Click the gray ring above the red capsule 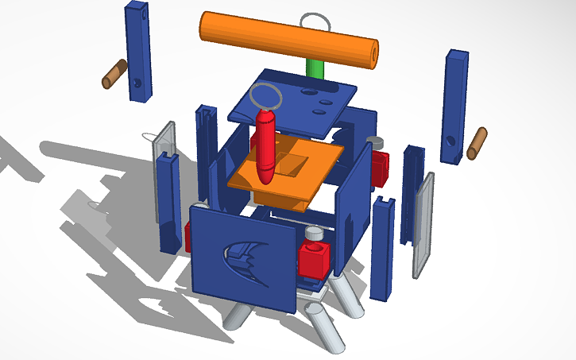coord(266,97)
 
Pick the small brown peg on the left coord(114,74)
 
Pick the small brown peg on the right coord(477,142)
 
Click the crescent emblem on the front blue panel coord(245,256)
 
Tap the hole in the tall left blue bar coord(137,82)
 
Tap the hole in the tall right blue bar coord(450,141)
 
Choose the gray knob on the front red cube coord(315,236)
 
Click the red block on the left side coord(189,236)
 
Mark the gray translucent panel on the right coord(423,224)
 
